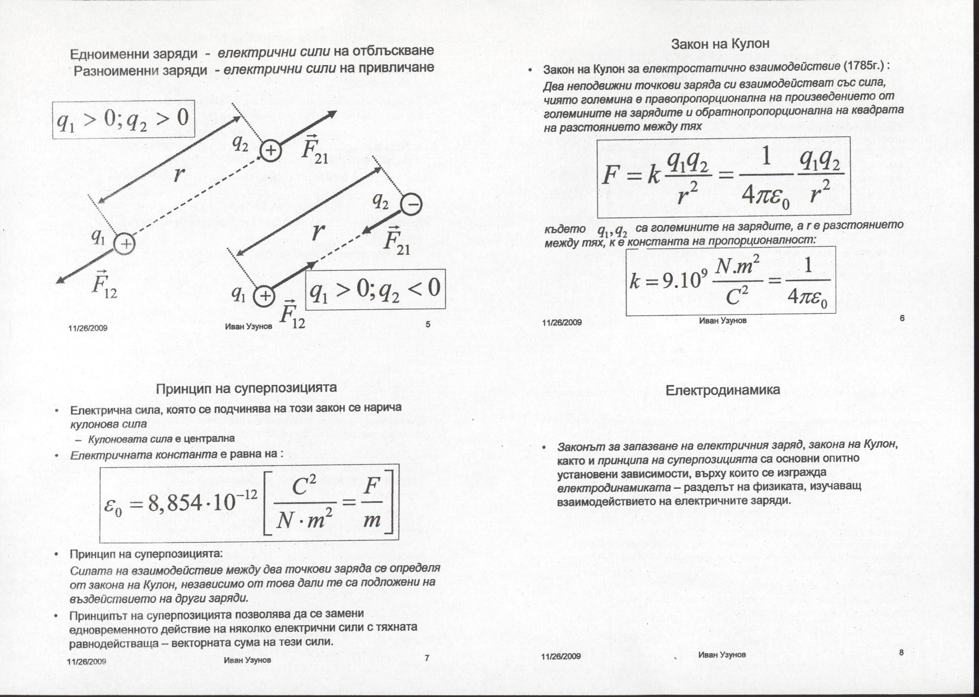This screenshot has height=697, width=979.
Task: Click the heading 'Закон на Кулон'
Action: [720, 44]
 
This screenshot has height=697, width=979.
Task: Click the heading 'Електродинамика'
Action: [722, 390]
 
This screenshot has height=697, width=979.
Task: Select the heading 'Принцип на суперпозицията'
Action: [246, 388]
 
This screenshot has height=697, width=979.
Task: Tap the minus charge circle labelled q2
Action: [412, 205]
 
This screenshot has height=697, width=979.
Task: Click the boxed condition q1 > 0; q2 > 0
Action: [123, 119]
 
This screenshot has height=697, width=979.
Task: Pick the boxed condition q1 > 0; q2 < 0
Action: [375, 290]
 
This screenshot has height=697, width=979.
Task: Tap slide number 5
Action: [428, 324]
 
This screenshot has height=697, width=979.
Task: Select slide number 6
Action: [902, 318]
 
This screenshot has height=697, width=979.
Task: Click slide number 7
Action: [427, 658]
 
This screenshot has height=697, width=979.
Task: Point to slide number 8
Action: [902, 652]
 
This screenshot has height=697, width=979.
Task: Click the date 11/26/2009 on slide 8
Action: [561, 656]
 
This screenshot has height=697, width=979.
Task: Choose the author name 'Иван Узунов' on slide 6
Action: [723, 320]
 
